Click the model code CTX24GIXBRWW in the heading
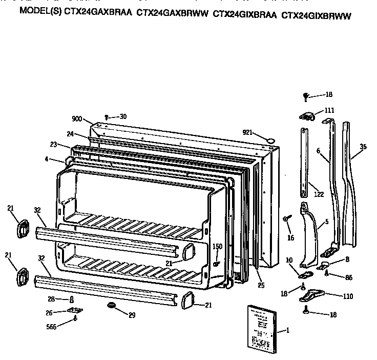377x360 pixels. [x=316, y=15]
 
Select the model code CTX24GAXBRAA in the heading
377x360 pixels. [x=97, y=15]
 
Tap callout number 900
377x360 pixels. [x=77, y=119]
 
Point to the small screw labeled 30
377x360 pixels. [x=106, y=117]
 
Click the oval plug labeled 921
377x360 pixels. [x=271, y=139]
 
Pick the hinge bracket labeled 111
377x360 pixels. [x=306, y=117]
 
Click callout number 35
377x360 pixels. [x=363, y=147]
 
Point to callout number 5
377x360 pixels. [x=326, y=223]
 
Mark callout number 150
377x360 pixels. [x=217, y=247]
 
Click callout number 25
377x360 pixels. [x=261, y=285]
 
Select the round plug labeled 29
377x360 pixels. [x=110, y=306]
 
